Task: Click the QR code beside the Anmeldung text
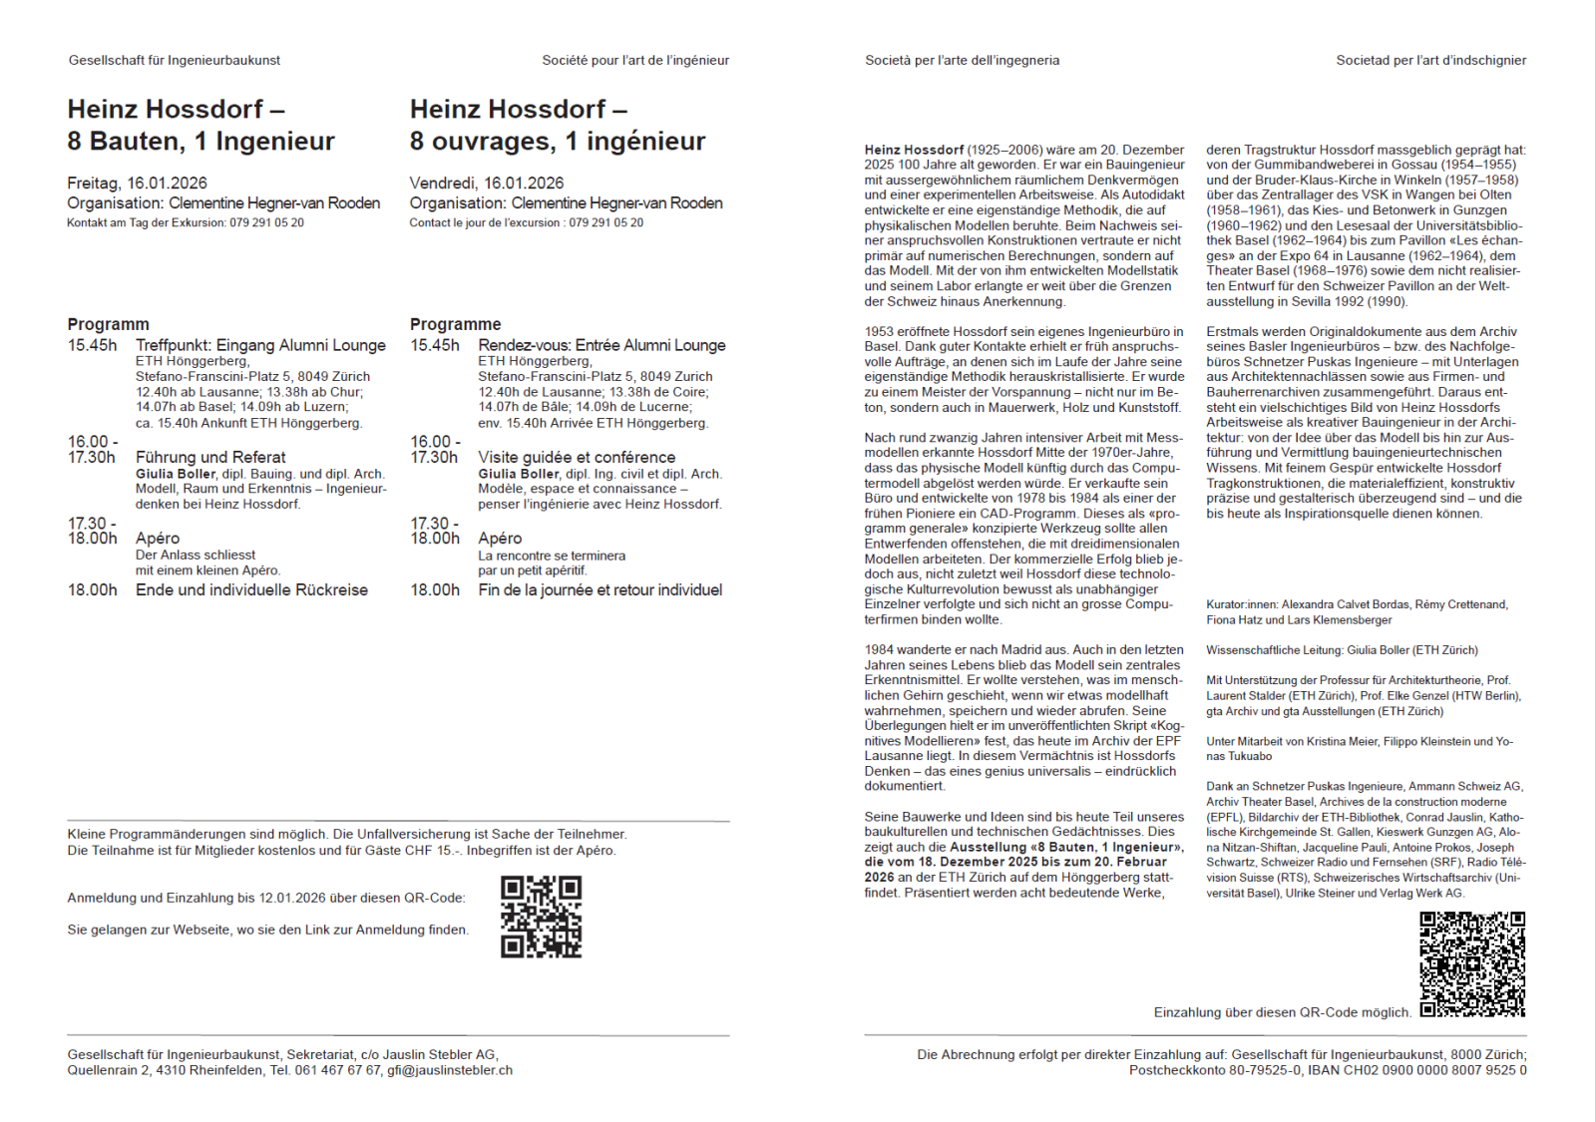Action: click(541, 917)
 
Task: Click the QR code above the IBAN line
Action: click(1472, 963)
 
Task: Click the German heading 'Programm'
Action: click(108, 324)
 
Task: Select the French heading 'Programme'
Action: click(455, 324)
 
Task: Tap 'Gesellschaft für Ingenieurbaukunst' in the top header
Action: click(175, 60)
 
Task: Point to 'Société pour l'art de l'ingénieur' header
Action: click(635, 60)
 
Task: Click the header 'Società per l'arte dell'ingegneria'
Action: click(962, 60)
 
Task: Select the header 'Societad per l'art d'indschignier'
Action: click(1430, 60)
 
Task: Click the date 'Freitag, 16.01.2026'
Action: click(137, 183)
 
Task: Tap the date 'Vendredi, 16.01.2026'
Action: click(486, 183)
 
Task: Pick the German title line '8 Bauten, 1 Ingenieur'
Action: click(200, 141)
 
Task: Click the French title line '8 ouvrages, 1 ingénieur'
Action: click(557, 141)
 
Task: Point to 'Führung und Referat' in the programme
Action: click(210, 457)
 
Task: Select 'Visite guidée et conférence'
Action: click(577, 457)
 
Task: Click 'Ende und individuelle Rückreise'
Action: click(251, 589)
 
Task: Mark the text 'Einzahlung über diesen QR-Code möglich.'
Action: click(1282, 1012)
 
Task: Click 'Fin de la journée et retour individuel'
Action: click(599, 589)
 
